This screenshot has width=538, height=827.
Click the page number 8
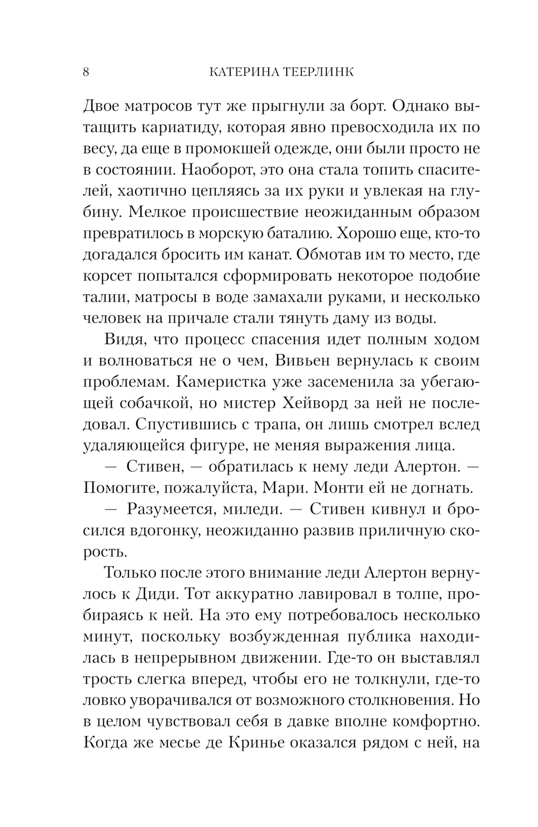[x=86, y=73]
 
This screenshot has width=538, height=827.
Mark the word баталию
[x=291, y=233]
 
